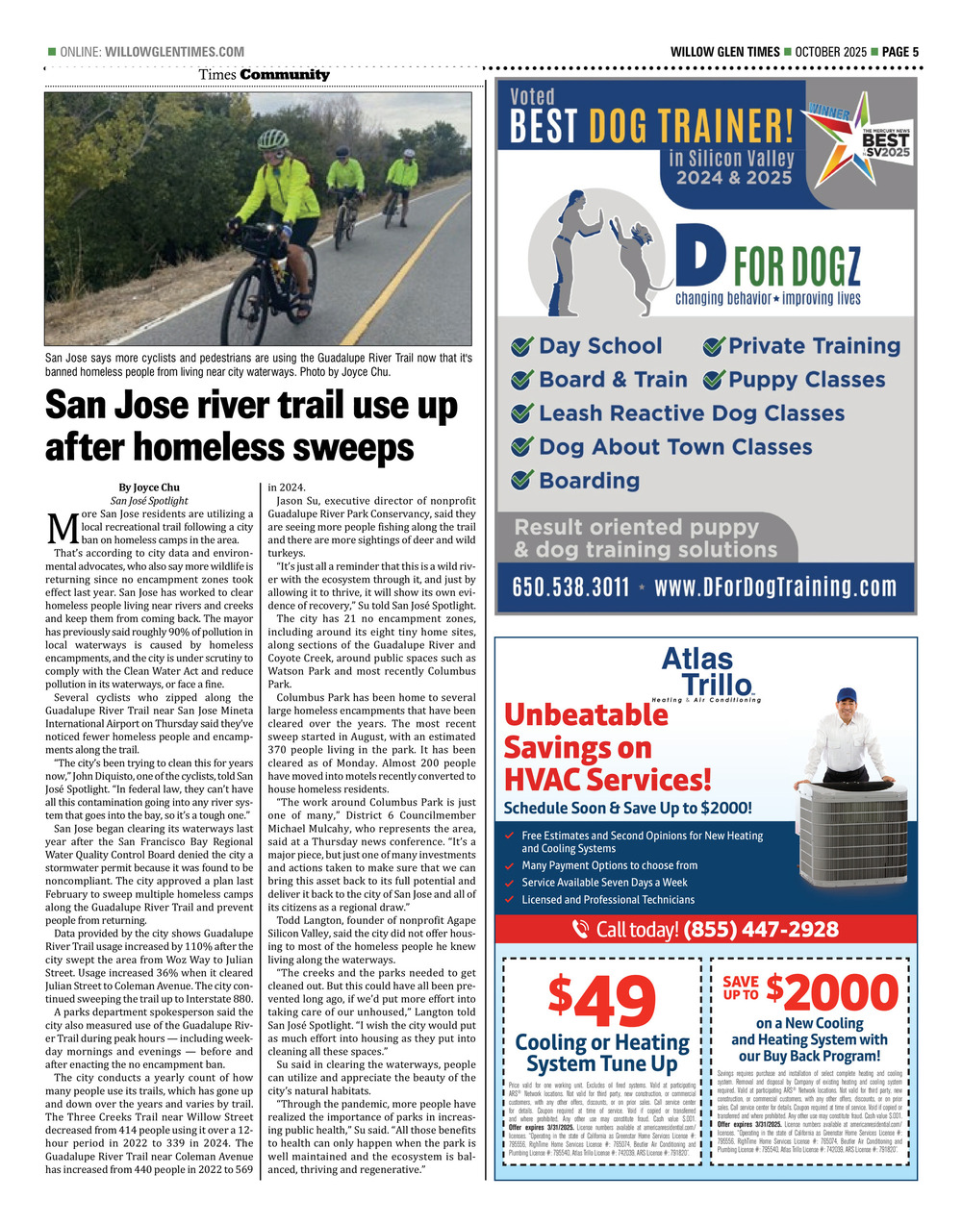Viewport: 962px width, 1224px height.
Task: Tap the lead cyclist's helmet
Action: click(272, 139)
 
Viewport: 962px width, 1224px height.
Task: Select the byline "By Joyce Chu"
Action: click(149, 487)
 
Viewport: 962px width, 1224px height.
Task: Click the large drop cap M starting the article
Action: click(61, 528)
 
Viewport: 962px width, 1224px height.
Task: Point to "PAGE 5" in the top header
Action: click(900, 52)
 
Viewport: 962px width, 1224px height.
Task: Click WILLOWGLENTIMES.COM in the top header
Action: click(174, 52)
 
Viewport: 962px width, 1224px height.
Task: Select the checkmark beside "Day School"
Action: click(523, 347)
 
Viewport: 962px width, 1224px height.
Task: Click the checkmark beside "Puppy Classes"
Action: click(713, 380)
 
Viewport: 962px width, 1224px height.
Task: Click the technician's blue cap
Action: click(847, 695)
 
